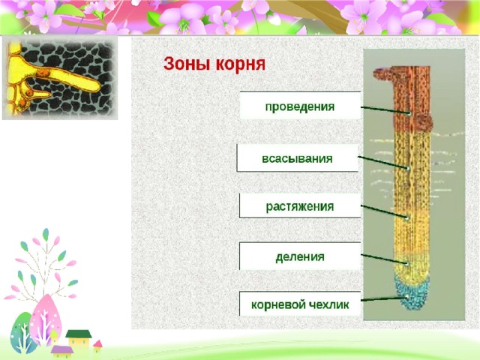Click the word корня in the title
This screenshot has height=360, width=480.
click(240, 65)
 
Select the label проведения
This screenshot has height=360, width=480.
click(300, 106)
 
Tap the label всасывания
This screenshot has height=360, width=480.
click(297, 158)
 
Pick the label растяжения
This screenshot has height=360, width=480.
click(300, 207)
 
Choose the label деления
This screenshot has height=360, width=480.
click(300, 256)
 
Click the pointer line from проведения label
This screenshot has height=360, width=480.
click(385, 110)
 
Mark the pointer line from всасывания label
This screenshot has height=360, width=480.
click(383, 163)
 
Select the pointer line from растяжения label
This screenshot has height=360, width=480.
click(384, 211)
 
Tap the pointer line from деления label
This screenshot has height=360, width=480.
click(385, 259)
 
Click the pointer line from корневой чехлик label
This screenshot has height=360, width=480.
click(385, 298)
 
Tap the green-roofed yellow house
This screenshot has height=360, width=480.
click(79, 339)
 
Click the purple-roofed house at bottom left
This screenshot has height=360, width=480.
click(62, 352)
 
